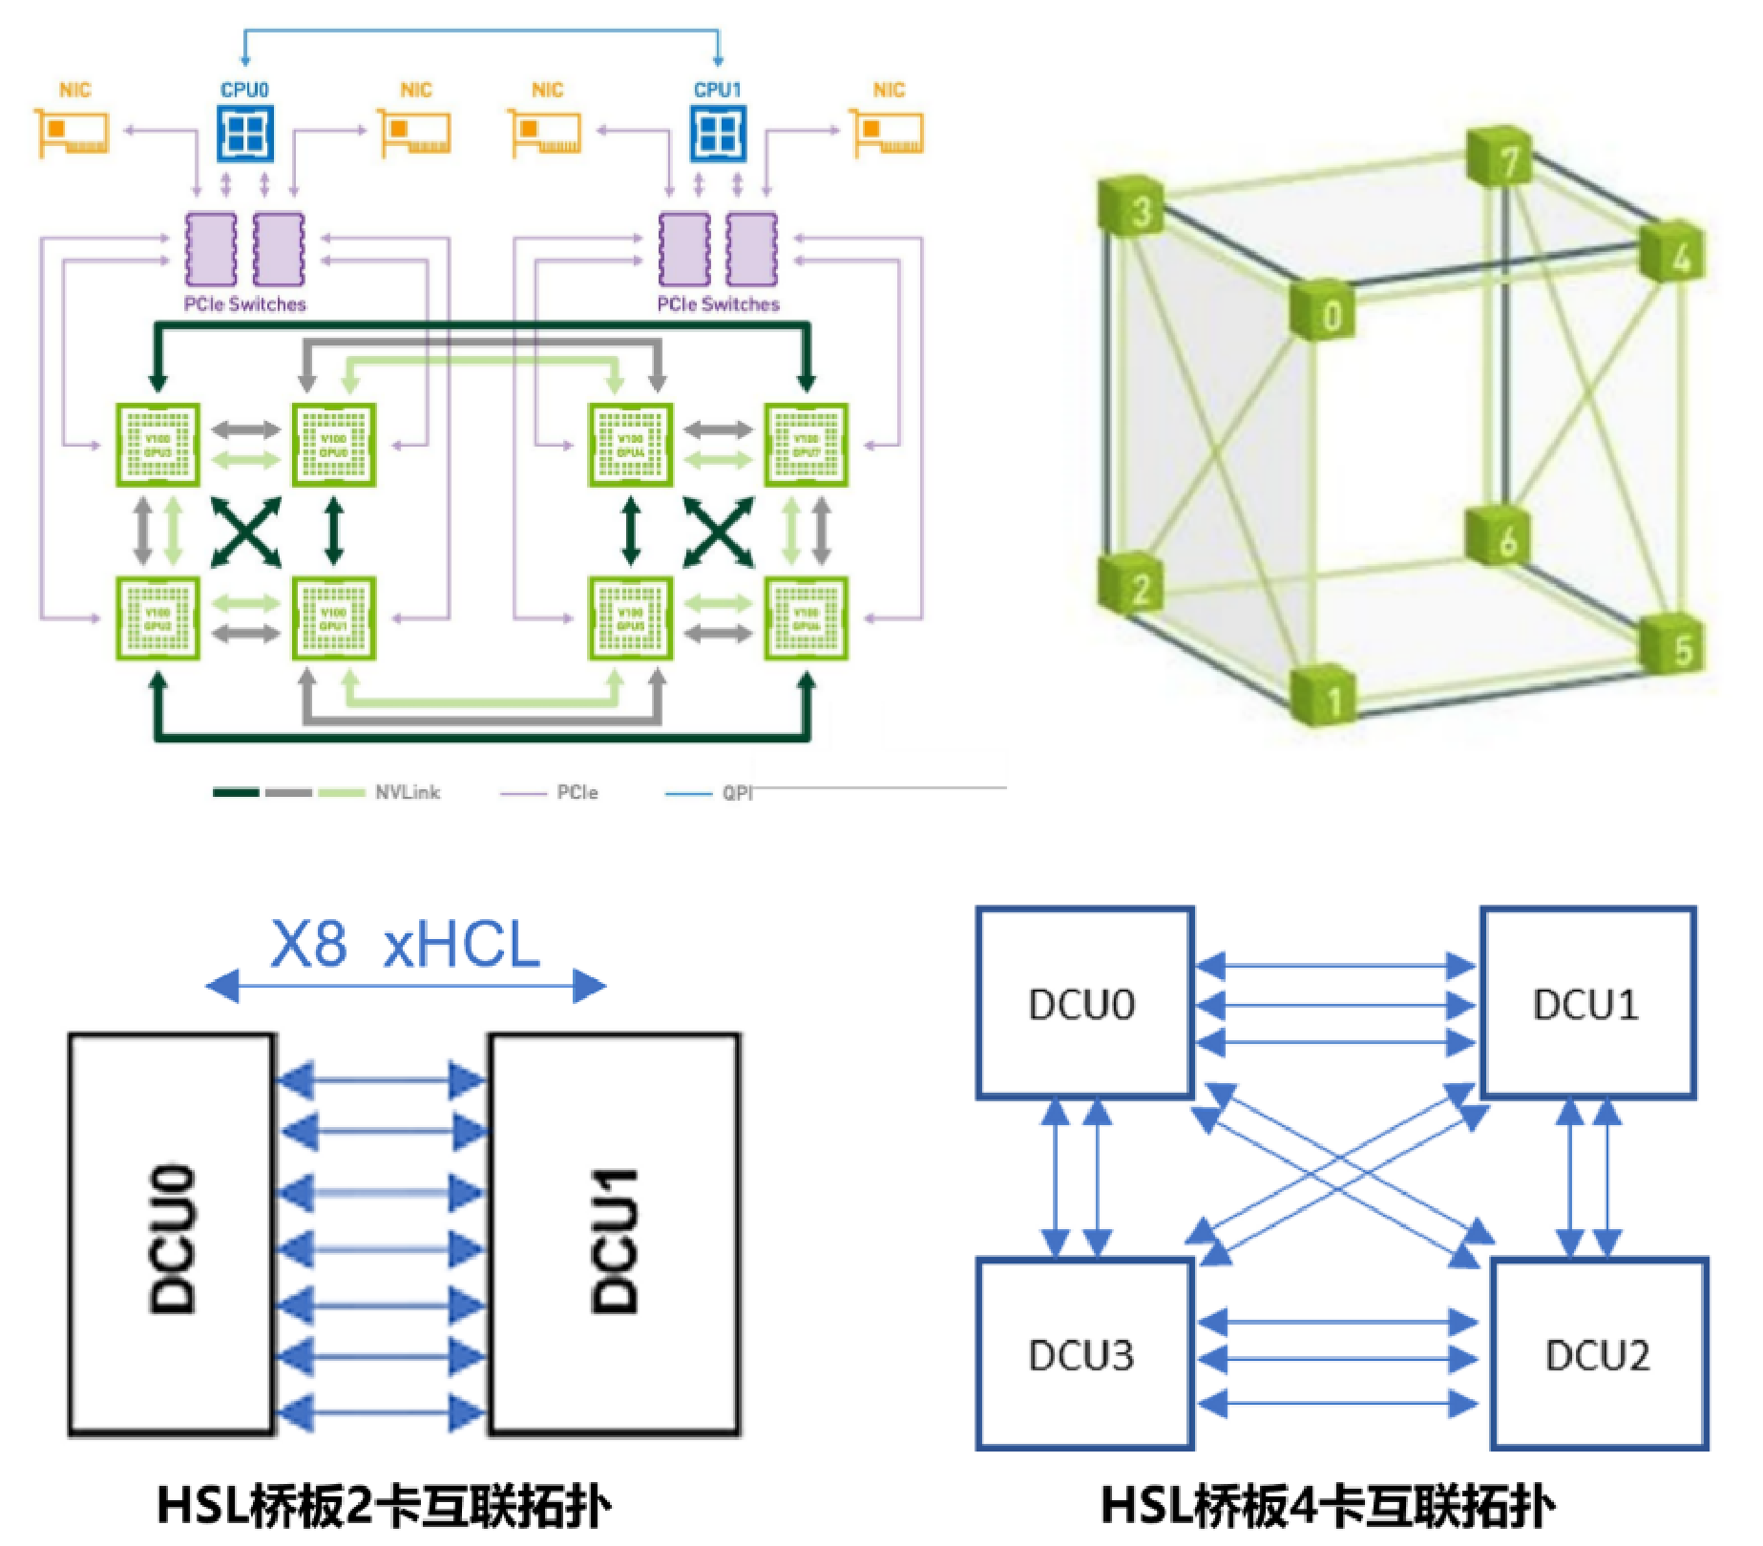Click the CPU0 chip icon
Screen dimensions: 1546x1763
click(245, 133)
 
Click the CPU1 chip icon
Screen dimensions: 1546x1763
click(718, 133)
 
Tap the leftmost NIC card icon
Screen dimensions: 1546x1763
click(72, 133)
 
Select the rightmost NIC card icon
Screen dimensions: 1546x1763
click(888, 133)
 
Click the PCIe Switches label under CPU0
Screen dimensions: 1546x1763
click(245, 304)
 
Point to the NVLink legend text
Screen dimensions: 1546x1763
click(408, 792)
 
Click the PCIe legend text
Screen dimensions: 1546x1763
click(577, 792)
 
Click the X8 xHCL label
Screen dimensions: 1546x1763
click(406, 946)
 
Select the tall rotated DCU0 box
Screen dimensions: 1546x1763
click(173, 1234)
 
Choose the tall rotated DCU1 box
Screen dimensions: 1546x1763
click(615, 1234)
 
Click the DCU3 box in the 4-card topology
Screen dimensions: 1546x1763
click(1084, 1355)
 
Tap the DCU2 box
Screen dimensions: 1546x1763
click(1599, 1355)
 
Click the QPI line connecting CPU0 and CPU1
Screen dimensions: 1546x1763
click(482, 31)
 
